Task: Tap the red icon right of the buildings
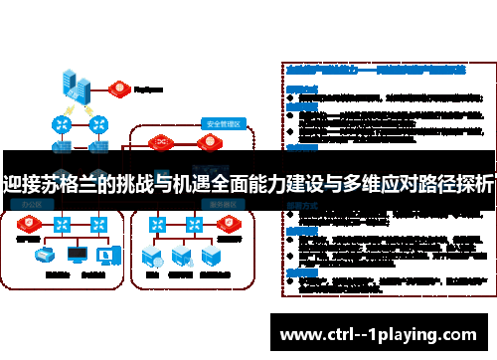click(119, 87)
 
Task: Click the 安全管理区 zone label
click(223, 124)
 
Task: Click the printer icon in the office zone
click(44, 256)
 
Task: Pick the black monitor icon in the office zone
click(77, 256)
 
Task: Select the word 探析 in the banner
click(473, 183)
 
